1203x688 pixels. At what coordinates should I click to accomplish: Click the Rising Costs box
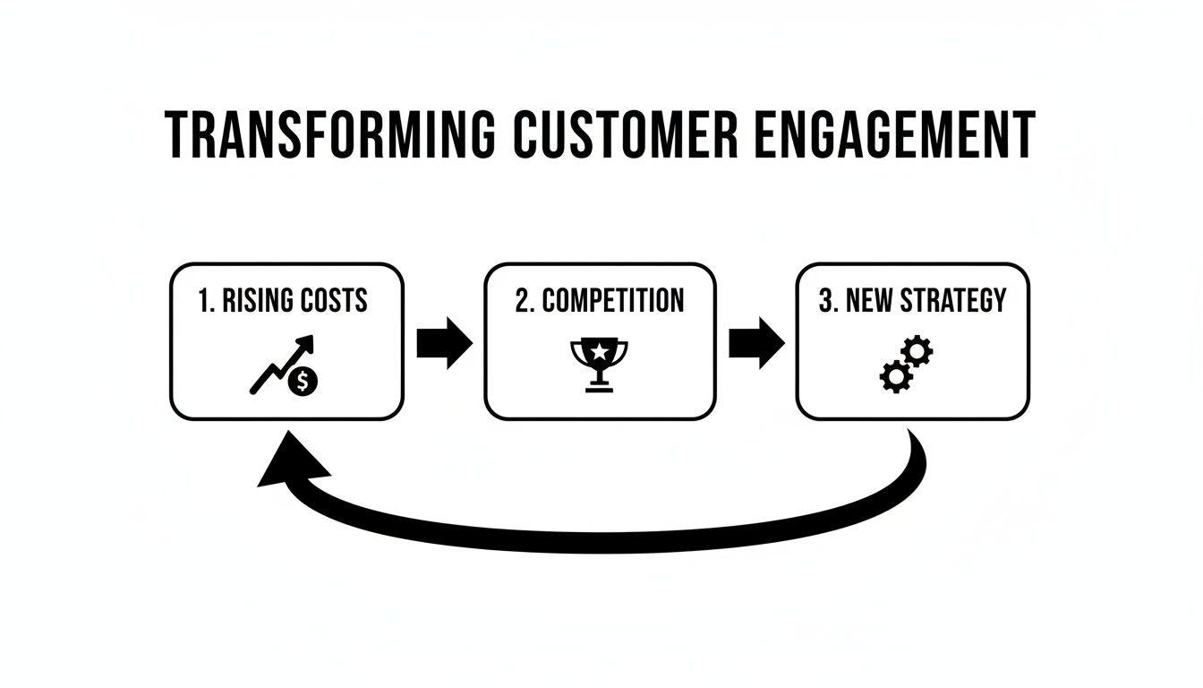tap(286, 341)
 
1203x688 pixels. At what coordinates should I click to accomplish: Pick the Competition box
tap(600, 341)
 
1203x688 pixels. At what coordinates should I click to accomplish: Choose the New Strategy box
tap(912, 341)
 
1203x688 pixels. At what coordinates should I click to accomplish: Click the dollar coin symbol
tap(304, 383)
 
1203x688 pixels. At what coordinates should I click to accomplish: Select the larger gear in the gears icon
tap(894, 377)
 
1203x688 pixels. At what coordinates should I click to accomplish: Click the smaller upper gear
tap(917, 351)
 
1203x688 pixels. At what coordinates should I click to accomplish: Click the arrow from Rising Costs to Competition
tap(444, 342)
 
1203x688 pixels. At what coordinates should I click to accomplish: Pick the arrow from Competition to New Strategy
tap(756, 342)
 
